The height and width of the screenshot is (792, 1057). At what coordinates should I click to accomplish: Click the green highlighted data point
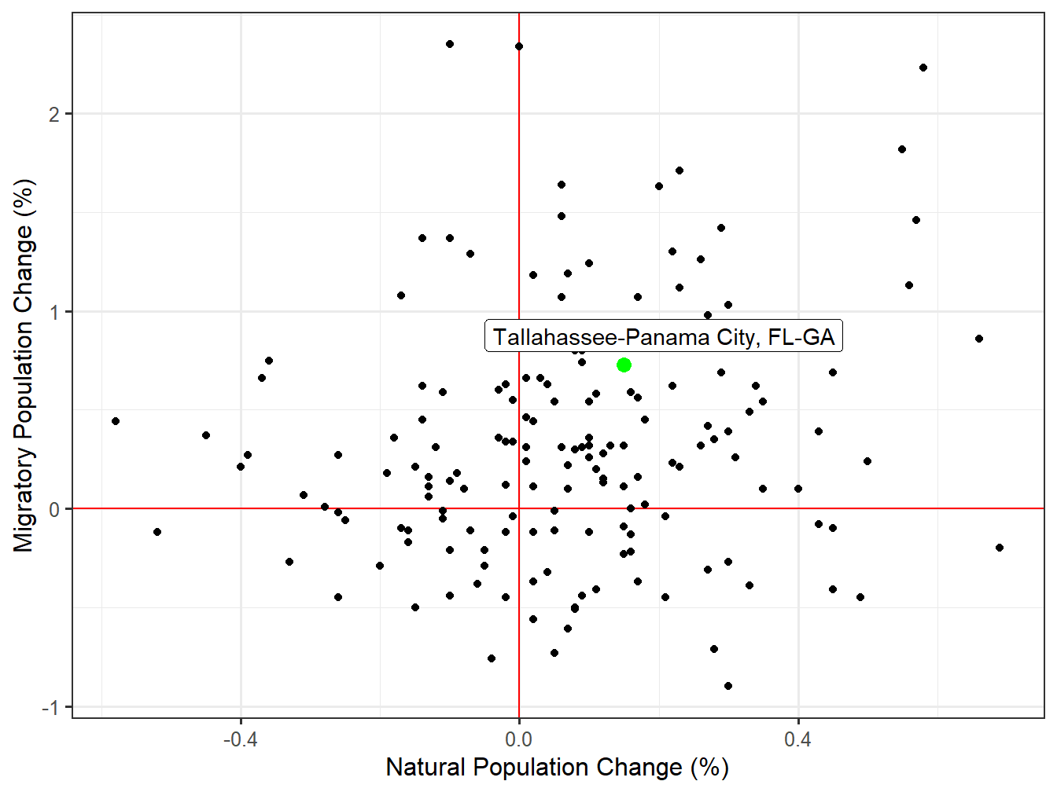pos(624,365)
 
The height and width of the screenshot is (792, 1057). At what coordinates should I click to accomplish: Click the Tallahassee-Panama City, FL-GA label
pos(664,337)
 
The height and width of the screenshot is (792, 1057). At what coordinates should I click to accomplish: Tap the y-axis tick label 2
pos(53,115)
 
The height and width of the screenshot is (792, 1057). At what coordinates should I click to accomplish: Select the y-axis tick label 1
pos(53,313)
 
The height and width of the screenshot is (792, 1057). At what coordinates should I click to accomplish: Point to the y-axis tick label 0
pos(53,510)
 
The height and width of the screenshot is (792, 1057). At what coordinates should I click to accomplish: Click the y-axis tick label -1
pos(50,708)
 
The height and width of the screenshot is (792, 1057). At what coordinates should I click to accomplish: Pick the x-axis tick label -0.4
pos(240,739)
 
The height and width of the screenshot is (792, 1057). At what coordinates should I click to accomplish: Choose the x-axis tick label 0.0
pos(519,739)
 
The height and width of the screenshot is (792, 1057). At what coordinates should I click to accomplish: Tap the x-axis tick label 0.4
pos(797,739)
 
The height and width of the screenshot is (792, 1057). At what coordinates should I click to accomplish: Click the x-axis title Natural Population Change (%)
pos(557,768)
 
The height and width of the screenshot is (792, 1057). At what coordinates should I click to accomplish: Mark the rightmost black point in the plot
pos(1000,548)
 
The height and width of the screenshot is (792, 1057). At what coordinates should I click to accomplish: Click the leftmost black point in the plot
pos(116,421)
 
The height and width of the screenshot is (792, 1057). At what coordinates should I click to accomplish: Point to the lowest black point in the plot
pos(728,686)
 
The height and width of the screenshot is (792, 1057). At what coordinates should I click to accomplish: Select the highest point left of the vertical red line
pos(450,44)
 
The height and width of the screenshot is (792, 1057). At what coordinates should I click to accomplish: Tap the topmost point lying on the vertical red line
pos(519,46)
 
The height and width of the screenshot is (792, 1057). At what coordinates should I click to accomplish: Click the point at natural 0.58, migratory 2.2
pos(923,68)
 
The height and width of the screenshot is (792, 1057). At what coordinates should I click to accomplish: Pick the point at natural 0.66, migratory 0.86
pos(979,339)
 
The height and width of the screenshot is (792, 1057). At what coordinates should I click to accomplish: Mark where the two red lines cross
pos(519,509)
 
